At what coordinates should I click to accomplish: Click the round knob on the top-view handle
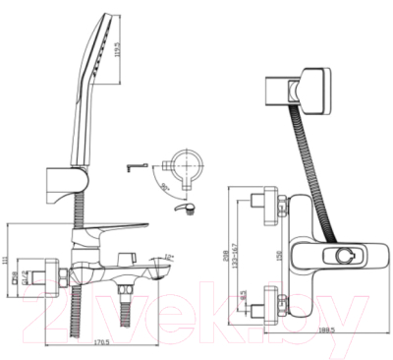tap(346, 258)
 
